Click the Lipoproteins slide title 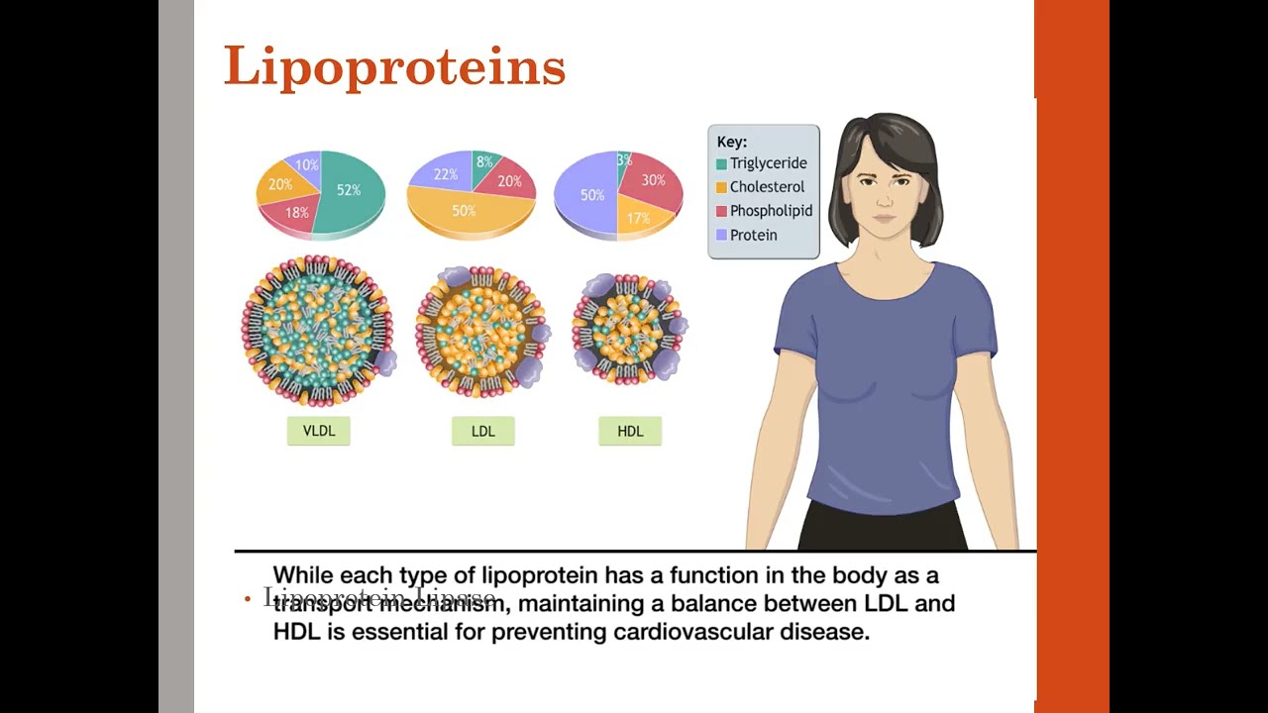tap(394, 67)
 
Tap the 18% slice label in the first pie tap(296, 213)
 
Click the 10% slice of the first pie tap(307, 165)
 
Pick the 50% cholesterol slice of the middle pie tap(464, 211)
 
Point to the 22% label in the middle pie tap(446, 174)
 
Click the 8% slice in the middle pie tap(484, 162)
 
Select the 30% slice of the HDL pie tap(653, 180)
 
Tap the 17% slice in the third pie tap(638, 218)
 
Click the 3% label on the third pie tap(624, 159)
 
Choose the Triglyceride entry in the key tap(768, 163)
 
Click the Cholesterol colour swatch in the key tap(722, 187)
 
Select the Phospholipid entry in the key tap(771, 211)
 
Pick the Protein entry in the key tap(753, 235)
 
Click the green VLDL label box tap(319, 431)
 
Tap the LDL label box tap(483, 431)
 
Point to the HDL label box tap(630, 431)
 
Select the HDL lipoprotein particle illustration tap(628, 329)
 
